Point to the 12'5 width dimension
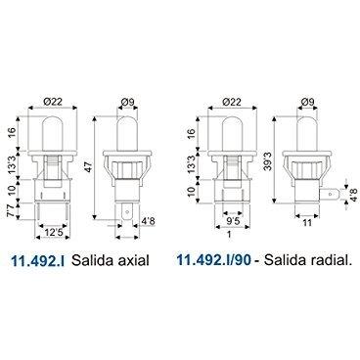53,232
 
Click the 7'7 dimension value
11,210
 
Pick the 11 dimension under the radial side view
307,222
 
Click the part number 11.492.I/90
214,260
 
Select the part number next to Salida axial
37,260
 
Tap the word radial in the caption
329,260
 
